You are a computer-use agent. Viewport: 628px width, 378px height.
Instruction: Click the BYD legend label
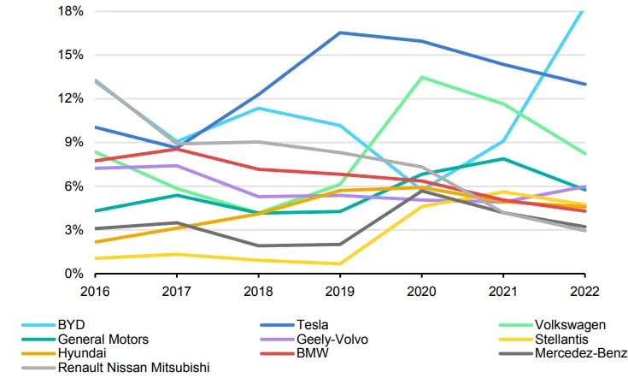(x=71, y=325)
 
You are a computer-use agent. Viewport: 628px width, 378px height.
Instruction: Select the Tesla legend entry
(x=312, y=325)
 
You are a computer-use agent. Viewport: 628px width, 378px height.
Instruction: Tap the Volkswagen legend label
(x=570, y=325)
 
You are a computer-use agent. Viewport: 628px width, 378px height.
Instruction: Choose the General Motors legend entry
(x=103, y=340)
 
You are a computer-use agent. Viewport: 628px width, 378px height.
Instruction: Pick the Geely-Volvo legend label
(x=332, y=340)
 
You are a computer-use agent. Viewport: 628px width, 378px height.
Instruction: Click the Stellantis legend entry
(x=561, y=340)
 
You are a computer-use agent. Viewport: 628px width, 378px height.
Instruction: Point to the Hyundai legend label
(x=82, y=353)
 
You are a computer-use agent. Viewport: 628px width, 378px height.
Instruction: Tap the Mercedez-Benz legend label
(x=581, y=353)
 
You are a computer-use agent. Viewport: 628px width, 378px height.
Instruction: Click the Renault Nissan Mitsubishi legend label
(x=134, y=368)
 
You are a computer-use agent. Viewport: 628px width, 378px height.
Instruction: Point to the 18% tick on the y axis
(x=71, y=11)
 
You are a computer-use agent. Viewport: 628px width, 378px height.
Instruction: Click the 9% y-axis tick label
(x=74, y=142)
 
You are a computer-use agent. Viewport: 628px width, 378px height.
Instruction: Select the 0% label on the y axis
(x=74, y=274)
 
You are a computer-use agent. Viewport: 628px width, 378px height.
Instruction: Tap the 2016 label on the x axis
(x=95, y=292)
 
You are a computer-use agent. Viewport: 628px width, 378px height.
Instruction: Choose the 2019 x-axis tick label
(x=340, y=292)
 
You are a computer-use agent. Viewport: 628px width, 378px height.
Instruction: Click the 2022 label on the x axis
(x=584, y=292)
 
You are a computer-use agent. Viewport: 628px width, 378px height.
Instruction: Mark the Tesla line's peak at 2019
(x=340, y=32)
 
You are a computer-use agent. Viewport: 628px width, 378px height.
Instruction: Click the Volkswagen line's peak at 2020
(x=422, y=77)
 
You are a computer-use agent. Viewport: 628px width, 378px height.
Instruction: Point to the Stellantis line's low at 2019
(x=340, y=263)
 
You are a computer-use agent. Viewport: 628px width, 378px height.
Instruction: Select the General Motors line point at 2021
(x=503, y=159)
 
